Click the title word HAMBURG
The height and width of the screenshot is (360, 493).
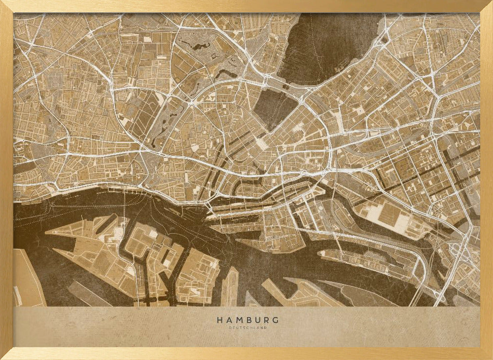[x=247, y=320]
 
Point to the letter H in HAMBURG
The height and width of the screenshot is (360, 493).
[x=219, y=320]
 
